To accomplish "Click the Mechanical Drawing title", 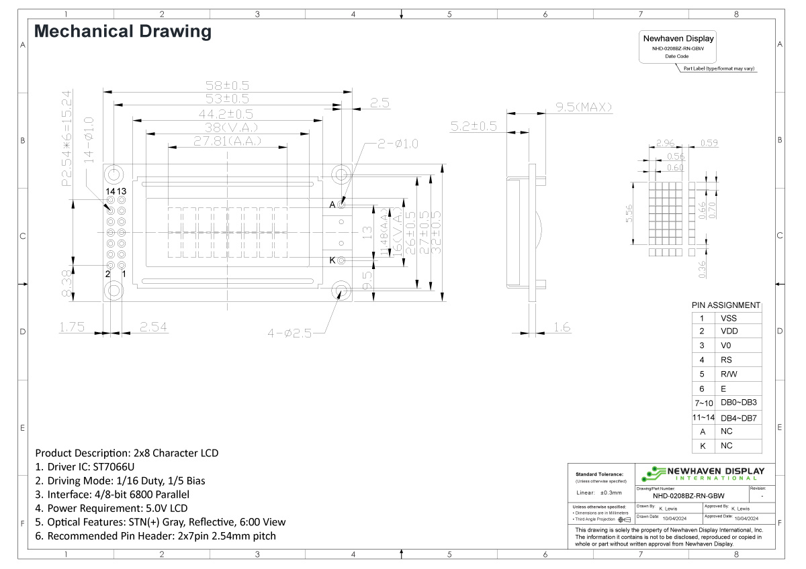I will [123, 32].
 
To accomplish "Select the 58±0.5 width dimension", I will [227, 86].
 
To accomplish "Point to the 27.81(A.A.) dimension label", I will [228, 142].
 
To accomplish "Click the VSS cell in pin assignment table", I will [729, 319].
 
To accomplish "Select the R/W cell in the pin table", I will [729, 374].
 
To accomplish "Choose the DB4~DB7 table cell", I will [738, 418].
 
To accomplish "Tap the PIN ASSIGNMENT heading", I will [726, 305].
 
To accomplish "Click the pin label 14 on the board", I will [109, 191].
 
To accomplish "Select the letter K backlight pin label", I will [332, 260].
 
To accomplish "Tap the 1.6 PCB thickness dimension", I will [562, 327].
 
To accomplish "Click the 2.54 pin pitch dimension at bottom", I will [153, 327].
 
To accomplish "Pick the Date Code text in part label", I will [677, 56].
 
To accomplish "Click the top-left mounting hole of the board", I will [114, 175].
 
